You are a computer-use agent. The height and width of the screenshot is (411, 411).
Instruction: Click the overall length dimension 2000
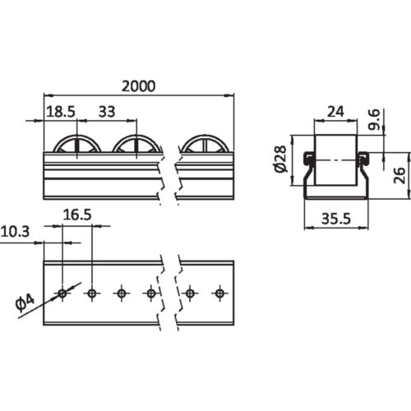click(138, 85)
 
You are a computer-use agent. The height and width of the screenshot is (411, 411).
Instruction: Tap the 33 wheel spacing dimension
click(107, 110)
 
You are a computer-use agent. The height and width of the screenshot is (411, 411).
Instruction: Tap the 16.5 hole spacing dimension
click(76, 215)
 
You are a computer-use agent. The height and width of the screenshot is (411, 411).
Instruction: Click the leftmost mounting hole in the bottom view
click(62, 293)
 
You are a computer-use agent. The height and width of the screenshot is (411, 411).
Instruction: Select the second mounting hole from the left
click(91, 293)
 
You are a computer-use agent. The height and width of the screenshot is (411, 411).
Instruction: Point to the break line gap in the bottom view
click(171, 292)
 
